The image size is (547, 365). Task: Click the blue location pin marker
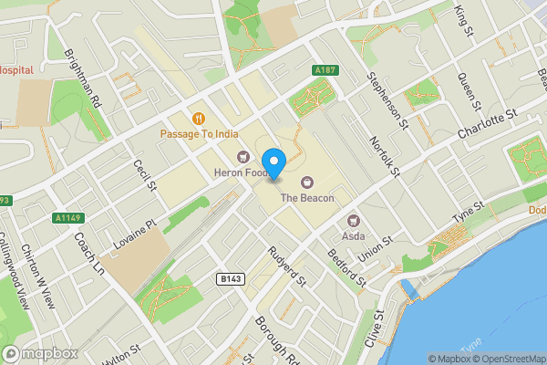276,162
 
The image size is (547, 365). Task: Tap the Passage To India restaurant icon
198,118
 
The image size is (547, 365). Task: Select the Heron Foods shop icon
243,155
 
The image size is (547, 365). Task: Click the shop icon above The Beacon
306,181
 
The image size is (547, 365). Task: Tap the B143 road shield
231,278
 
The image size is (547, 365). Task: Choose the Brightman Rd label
83,77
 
